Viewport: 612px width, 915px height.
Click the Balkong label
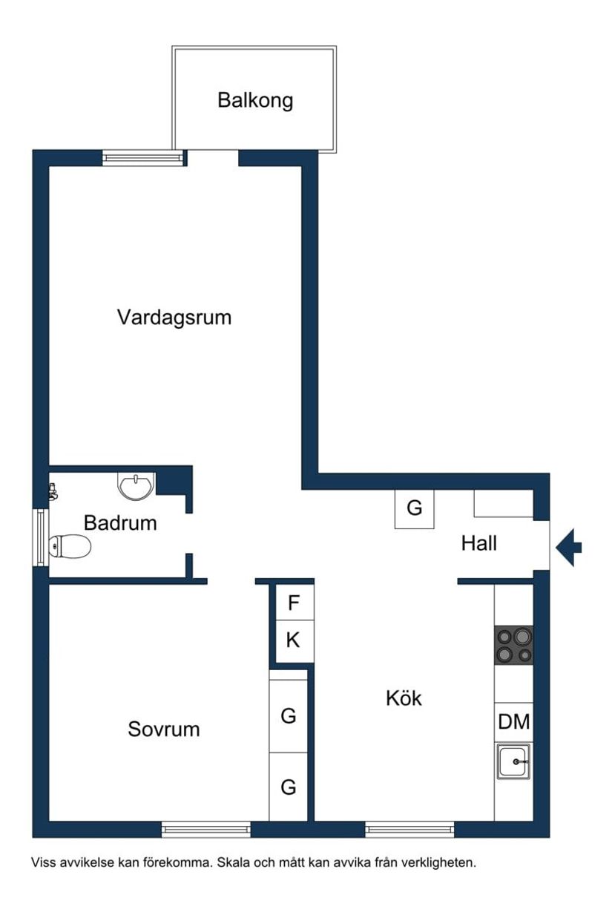[x=255, y=100]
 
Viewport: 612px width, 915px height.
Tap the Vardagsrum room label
[x=174, y=318]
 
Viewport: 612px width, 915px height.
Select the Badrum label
[x=120, y=522]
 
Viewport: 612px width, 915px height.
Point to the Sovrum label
[x=164, y=729]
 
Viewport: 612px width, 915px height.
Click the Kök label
[x=404, y=698]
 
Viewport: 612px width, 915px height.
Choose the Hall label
[x=478, y=543]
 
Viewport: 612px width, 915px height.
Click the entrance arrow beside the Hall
[x=570, y=548]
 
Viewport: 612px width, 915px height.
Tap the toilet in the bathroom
[x=69, y=547]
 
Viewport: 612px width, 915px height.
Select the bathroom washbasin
[x=136, y=486]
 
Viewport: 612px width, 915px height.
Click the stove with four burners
[x=514, y=645]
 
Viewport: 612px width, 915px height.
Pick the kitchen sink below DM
[x=514, y=761]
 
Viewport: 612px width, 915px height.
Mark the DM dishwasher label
[x=514, y=721]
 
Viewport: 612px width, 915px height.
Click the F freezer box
[x=294, y=603]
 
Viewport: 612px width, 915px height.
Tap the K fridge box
[x=293, y=640]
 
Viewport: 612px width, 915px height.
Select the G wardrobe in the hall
[x=414, y=509]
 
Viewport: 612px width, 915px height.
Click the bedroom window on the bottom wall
[x=206, y=830]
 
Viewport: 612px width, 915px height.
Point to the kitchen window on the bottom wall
[x=409, y=830]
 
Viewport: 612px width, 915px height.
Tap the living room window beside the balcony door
[x=142, y=157]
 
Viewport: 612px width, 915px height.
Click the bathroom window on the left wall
[x=41, y=537]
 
